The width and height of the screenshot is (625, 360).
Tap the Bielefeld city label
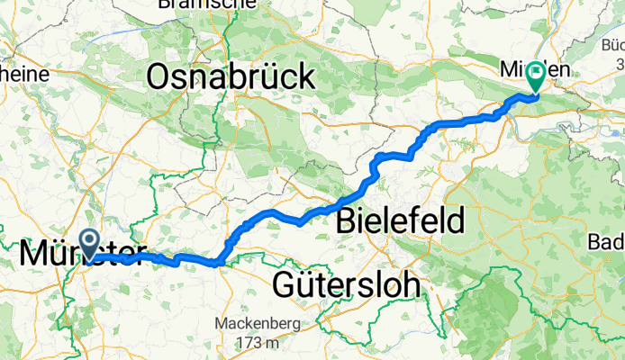401,219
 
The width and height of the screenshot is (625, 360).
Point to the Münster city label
83,255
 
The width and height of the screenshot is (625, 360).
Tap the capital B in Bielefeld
348,219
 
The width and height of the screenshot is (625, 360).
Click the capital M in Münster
34,255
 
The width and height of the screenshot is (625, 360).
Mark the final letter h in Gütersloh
411,285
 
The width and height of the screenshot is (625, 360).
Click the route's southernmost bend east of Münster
216,263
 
